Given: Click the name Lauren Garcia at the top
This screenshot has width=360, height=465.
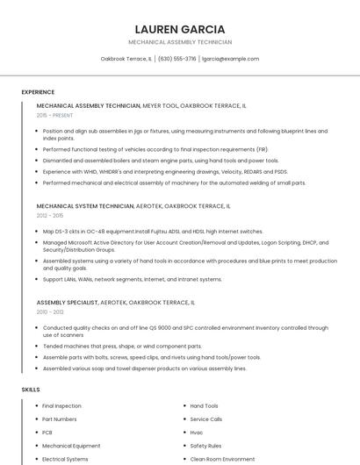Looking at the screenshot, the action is pyautogui.click(x=180, y=28).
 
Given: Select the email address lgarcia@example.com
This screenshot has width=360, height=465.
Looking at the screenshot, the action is pyautogui.click(x=230, y=59).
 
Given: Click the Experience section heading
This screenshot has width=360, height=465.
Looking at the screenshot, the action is pyautogui.click(x=38, y=92).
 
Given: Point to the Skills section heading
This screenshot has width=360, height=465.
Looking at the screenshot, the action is pyautogui.click(x=31, y=388).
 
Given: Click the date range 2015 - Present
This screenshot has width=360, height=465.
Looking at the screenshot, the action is pyautogui.click(x=55, y=115).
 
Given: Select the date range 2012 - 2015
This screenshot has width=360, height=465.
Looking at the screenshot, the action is pyautogui.click(x=50, y=215).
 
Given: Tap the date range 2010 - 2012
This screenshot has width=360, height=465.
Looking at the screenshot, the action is pyautogui.click(x=50, y=311).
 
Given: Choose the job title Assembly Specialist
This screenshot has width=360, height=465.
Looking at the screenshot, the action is pyautogui.click(x=67, y=302).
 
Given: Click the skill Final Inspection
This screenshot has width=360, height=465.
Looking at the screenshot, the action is pyautogui.click(x=61, y=406).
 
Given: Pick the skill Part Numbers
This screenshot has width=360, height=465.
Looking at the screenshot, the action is pyautogui.click(x=60, y=419).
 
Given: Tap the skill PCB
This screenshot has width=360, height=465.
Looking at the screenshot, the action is pyautogui.click(x=48, y=433).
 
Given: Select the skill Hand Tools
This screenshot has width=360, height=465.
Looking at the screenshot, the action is pyautogui.click(x=204, y=406).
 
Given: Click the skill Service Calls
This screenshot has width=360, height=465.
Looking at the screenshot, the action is pyautogui.click(x=206, y=419).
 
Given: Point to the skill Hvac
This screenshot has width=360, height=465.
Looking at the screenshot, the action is pyautogui.click(x=197, y=433).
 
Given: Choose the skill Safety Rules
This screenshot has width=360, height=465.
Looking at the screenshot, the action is pyautogui.click(x=205, y=446).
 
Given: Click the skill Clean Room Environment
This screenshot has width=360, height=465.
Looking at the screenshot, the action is pyautogui.click(x=223, y=459).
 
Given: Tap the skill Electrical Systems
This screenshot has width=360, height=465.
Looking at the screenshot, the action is pyautogui.click(x=65, y=459).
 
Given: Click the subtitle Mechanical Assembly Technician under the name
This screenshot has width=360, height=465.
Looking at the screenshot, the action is pyautogui.click(x=180, y=42).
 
